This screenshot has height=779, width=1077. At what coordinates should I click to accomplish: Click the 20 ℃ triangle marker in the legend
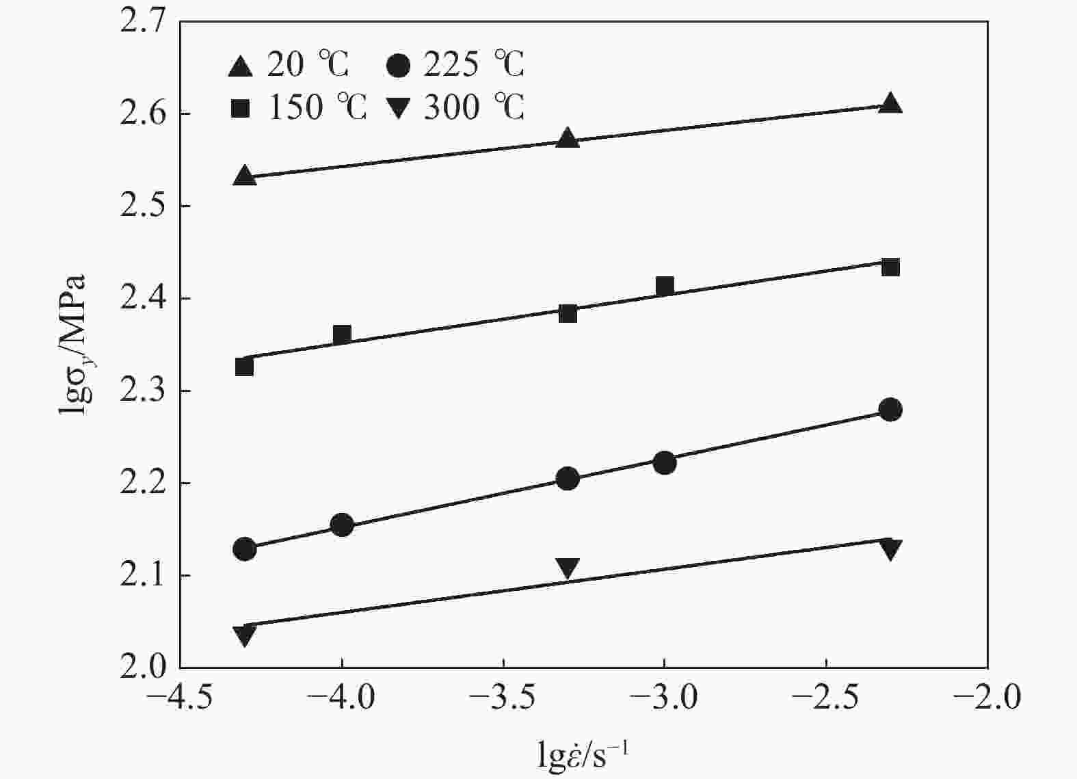point(240,66)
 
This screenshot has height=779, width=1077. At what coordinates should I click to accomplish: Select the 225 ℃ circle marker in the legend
point(398,66)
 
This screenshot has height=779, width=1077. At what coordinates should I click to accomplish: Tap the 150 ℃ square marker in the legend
point(240,108)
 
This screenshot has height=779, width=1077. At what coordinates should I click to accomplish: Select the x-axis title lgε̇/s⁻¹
point(583,756)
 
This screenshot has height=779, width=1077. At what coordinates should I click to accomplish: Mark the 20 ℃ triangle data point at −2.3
point(890,103)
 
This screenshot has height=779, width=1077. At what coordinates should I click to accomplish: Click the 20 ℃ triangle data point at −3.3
point(567,137)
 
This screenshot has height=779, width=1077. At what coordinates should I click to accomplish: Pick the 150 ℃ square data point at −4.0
point(342,334)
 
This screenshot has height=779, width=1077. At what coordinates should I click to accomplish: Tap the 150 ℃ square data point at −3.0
point(665,285)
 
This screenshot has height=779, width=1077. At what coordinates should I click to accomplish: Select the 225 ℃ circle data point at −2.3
point(890,410)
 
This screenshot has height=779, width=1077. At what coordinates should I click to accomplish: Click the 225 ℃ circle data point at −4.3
point(244,549)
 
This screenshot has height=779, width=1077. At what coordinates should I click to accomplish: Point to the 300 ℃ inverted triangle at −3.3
point(567,568)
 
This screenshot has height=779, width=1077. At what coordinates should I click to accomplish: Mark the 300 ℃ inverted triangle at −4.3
point(244,635)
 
